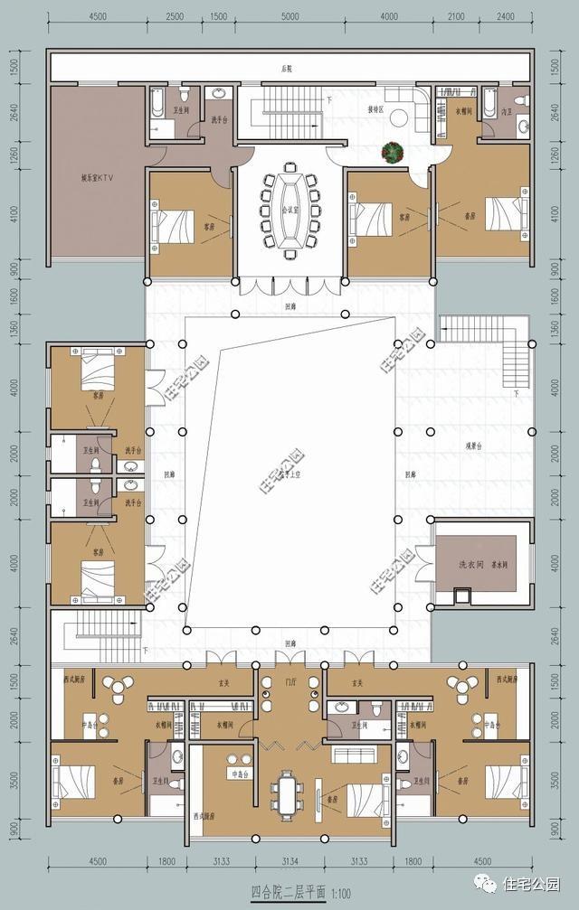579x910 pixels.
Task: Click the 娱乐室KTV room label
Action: pos(95,178)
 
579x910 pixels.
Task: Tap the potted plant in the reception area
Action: pos(393,153)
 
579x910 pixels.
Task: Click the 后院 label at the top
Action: pos(289,68)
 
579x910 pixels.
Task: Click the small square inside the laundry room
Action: pos(462,595)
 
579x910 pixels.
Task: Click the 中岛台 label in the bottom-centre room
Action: pos(240,774)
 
